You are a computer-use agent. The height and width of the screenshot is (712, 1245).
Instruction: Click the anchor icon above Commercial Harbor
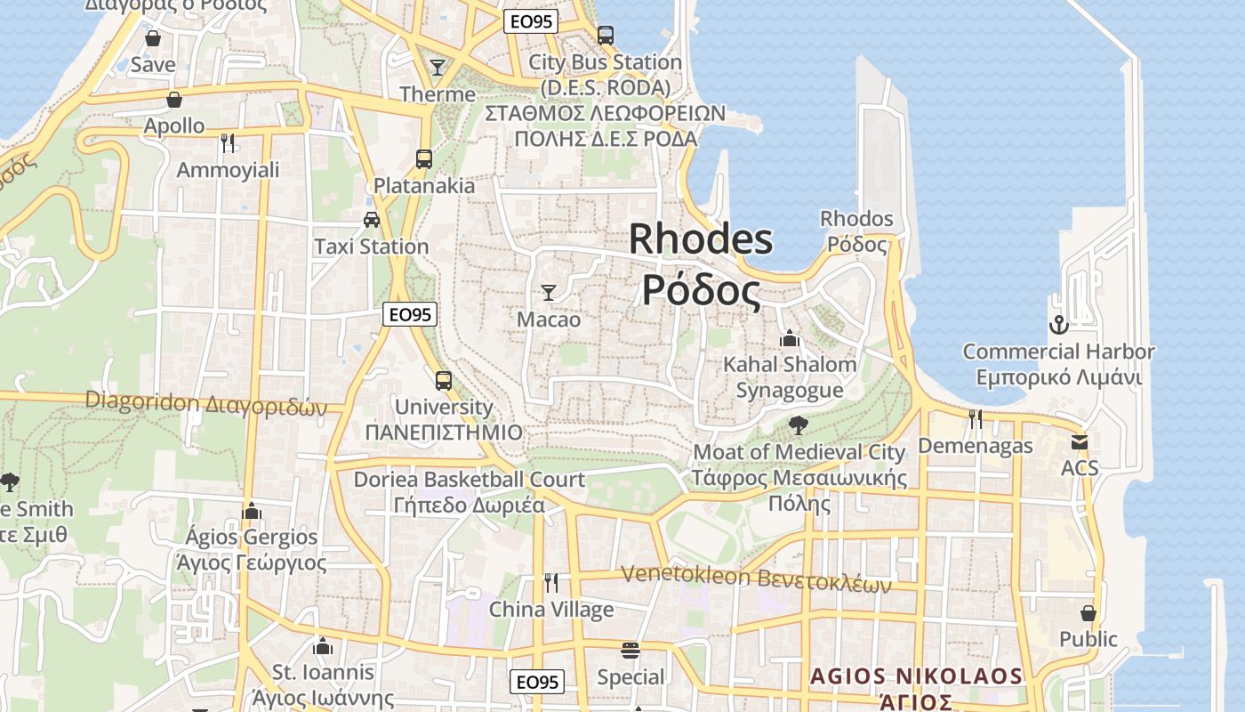1058,325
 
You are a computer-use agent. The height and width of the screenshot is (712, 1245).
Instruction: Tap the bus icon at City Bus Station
606,36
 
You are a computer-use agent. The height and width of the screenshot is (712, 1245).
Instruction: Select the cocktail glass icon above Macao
549,292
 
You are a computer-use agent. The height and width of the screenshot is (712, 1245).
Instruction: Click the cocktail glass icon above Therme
437,67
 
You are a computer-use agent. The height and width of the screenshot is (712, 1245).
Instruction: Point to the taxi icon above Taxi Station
372,219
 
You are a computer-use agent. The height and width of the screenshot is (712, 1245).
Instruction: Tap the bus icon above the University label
443,381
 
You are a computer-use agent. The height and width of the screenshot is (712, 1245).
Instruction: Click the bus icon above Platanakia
424,159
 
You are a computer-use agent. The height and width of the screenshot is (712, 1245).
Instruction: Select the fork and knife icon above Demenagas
976,418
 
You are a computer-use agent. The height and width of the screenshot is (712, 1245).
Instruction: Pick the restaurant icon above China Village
551,583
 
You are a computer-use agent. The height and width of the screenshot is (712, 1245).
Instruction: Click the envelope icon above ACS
1080,441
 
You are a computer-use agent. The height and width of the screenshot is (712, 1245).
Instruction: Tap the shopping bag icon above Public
1088,613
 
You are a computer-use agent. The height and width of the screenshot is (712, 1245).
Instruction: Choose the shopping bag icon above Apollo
174,99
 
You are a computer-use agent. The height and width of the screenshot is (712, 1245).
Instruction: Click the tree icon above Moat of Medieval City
799,425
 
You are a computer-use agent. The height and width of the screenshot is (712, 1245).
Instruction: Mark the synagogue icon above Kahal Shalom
789,338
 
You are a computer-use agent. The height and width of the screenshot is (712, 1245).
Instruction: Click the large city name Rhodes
701,239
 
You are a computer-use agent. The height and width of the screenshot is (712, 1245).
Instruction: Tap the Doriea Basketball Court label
470,480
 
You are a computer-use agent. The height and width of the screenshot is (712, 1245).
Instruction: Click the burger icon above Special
631,651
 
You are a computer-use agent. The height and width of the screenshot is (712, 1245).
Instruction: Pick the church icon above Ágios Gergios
252,511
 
